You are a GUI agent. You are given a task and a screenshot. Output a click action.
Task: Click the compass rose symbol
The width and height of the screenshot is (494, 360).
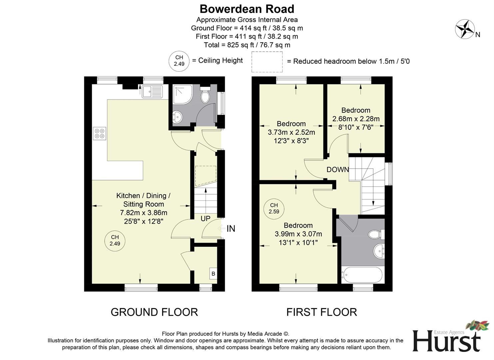pos(465,29)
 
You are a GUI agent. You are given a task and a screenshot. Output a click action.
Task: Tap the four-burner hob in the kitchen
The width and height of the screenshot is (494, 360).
pos(100,133)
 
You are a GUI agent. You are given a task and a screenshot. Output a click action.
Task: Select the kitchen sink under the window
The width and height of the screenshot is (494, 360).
pos(152,92)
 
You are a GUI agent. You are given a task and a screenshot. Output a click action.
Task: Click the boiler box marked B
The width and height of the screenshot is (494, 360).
pos(213,274)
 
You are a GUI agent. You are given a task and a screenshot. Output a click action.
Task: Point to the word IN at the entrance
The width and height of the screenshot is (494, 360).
pos(231,229)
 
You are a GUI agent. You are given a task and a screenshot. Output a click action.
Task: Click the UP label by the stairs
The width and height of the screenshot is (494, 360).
pos(205,219)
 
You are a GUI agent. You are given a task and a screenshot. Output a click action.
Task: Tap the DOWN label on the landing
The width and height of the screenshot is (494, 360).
pos(337,170)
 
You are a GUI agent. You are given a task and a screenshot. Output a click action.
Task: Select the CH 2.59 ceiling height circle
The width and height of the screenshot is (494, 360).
pos(274,208)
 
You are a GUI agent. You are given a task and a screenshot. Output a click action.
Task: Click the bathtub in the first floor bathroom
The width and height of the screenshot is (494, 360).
pos(363,275)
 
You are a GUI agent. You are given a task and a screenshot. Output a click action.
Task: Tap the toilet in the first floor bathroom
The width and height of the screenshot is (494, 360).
pos(376,234)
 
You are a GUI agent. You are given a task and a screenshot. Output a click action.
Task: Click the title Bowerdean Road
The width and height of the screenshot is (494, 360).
pos(247,9)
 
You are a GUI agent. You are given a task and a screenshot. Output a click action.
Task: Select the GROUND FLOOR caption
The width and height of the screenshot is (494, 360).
pos(154,312)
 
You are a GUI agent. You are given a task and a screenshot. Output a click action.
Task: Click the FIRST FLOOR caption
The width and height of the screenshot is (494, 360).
pos(321,312)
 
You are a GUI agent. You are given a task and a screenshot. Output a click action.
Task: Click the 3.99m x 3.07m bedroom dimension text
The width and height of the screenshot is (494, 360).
pos(298,234)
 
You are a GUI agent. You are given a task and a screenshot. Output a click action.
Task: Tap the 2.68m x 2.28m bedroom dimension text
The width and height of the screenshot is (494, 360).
pos(356,119)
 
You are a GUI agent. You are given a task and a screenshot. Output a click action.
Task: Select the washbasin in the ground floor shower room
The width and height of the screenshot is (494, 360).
pos(177,117)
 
